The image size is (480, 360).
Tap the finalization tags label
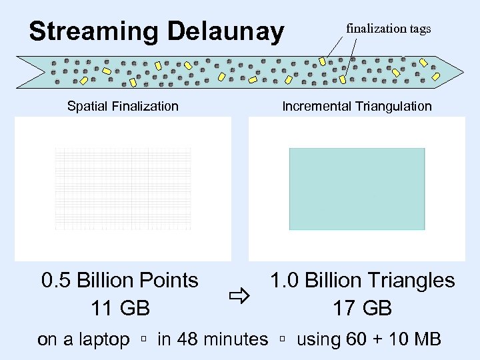tap(388, 28)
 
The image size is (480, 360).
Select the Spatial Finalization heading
tap(123, 106)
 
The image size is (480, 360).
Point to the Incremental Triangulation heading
tap(357, 106)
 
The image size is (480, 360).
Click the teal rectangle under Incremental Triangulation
tap(357, 189)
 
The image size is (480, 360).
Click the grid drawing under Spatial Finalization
tap(123, 189)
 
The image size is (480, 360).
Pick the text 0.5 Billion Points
tap(120, 280)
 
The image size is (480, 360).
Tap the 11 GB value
tap(120, 308)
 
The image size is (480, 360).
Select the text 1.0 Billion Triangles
tap(362, 280)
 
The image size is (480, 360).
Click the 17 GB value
tap(362, 308)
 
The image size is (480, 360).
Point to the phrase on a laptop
tap(83, 339)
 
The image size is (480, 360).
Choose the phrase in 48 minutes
tap(212, 339)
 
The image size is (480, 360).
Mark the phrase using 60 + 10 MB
tap(368, 339)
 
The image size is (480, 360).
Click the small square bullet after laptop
tap(143, 340)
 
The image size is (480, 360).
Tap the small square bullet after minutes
tap(282, 340)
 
